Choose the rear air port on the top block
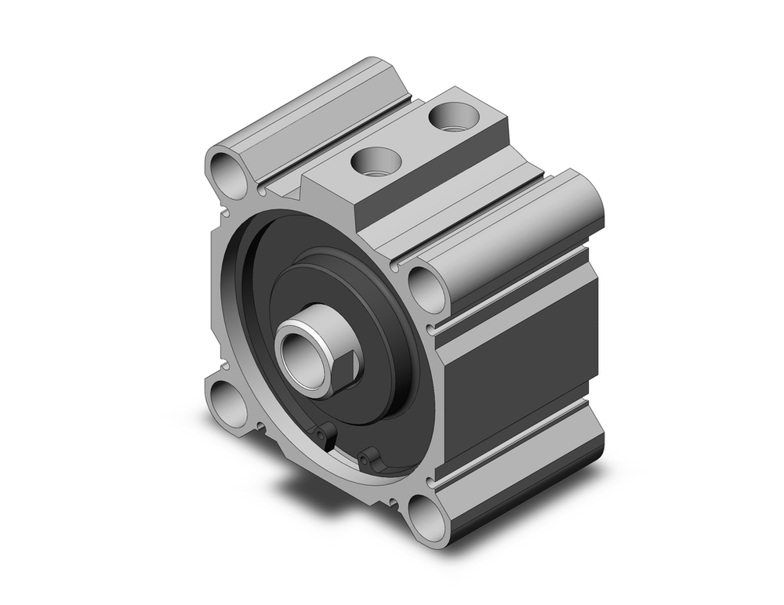[452, 118]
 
